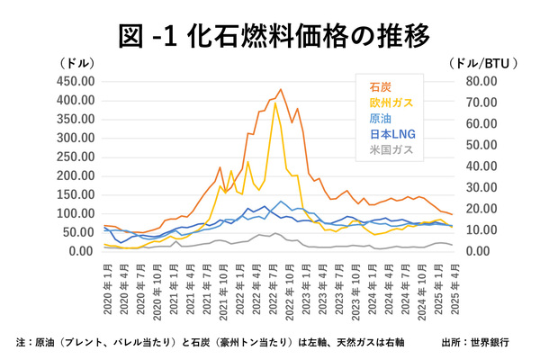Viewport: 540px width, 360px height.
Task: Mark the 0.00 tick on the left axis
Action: (82, 251)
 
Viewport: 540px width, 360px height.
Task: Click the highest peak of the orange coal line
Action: (280, 89)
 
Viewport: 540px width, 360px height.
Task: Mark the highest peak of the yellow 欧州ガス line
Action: (274, 103)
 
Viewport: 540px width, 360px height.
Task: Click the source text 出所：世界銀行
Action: (476, 342)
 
